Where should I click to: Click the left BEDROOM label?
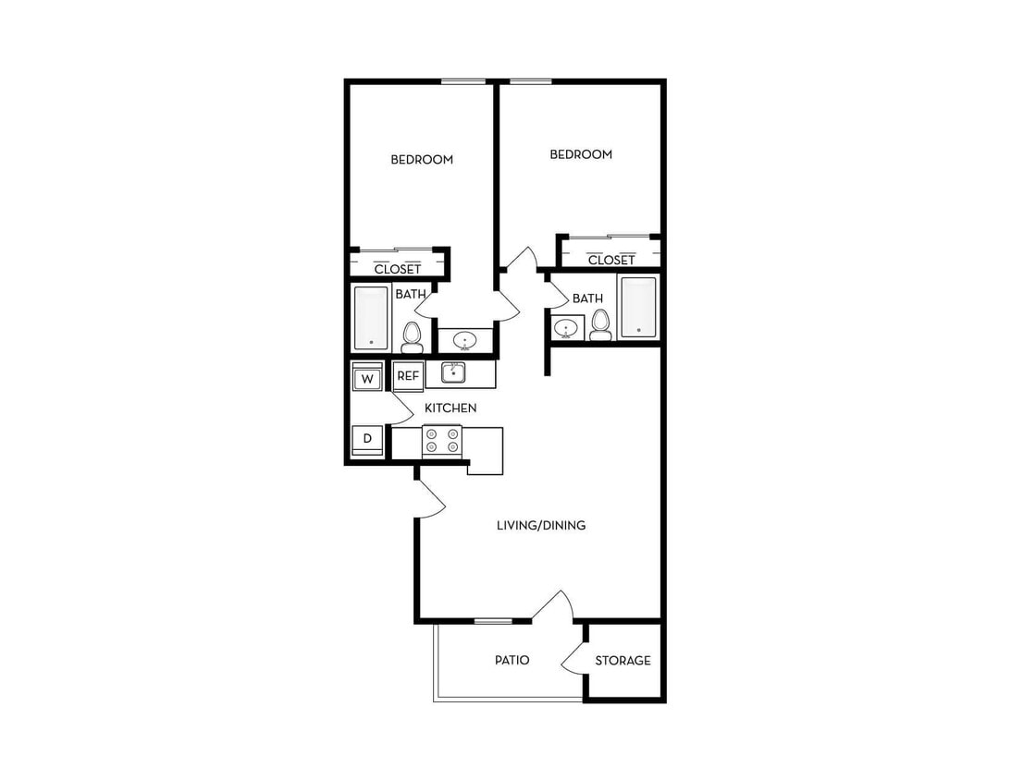422,160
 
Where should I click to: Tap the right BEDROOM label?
581,154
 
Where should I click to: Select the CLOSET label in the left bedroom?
397,269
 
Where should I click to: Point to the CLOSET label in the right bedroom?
611,260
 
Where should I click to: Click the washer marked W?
367,379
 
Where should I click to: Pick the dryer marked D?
367,438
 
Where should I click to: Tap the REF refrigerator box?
407,376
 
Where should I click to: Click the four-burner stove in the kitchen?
441,441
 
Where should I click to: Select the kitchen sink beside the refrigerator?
453,372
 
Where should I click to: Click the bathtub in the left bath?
371,318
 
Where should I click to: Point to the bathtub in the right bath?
638,307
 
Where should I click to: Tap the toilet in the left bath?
413,336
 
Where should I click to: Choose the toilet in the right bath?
601,324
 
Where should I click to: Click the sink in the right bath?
566,328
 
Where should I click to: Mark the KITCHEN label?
450,408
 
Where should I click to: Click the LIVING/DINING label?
541,526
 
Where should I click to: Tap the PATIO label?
512,661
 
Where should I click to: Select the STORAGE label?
623,661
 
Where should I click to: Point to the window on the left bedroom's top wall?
462,82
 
